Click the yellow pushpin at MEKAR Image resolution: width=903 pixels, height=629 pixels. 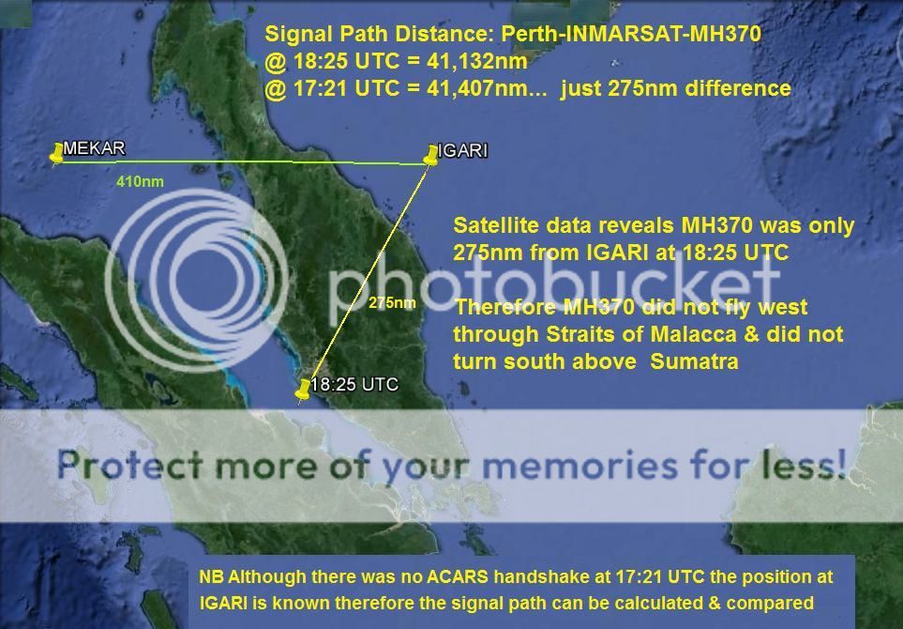pyautogui.click(x=57, y=153)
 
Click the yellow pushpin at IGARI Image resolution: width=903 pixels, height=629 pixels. pyautogui.click(x=431, y=155)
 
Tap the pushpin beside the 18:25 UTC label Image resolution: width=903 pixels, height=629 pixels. pyautogui.click(x=303, y=389)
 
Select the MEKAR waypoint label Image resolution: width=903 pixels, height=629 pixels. pyautogui.click(x=94, y=148)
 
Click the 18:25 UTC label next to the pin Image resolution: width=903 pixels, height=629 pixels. pyautogui.click(x=354, y=384)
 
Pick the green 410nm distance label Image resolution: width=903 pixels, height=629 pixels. pyautogui.click(x=140, y=181)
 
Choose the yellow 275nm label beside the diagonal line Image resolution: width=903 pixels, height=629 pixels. pyautogui.click(x=392, y=302)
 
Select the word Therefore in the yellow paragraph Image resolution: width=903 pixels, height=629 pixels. pyautogui.click(x=504, y=307)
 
